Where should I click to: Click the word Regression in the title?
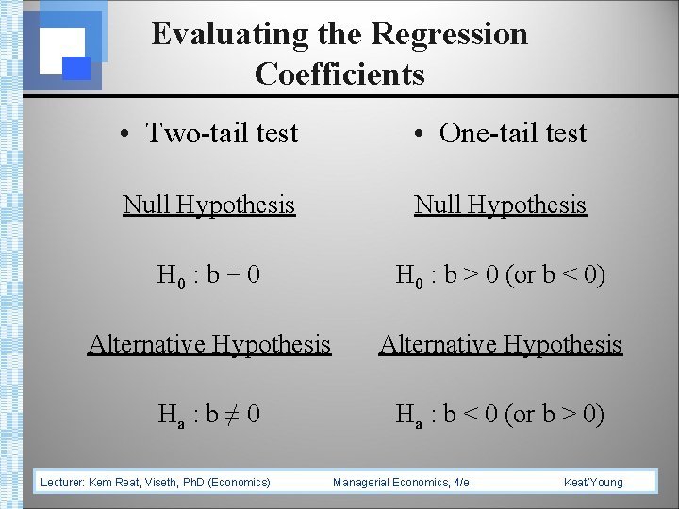[449, 35]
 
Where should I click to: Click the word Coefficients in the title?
[339, 74]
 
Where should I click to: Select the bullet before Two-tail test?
[125, 134]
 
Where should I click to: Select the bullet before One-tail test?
[419, 134]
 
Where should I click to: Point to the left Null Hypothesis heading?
[208, 205]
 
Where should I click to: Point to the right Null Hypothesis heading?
[500, 205]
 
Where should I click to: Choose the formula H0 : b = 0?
[208, 275]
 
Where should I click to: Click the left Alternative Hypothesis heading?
[208, 344]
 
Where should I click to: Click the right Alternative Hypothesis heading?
[500, 344]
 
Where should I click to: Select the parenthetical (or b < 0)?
[555, 275]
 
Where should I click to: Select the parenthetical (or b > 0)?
[555, 414]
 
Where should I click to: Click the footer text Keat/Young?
[593, 483]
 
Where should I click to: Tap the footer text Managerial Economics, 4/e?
[401, 483]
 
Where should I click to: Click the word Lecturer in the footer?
[62, 483]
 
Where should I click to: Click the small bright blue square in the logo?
[76, 68]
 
